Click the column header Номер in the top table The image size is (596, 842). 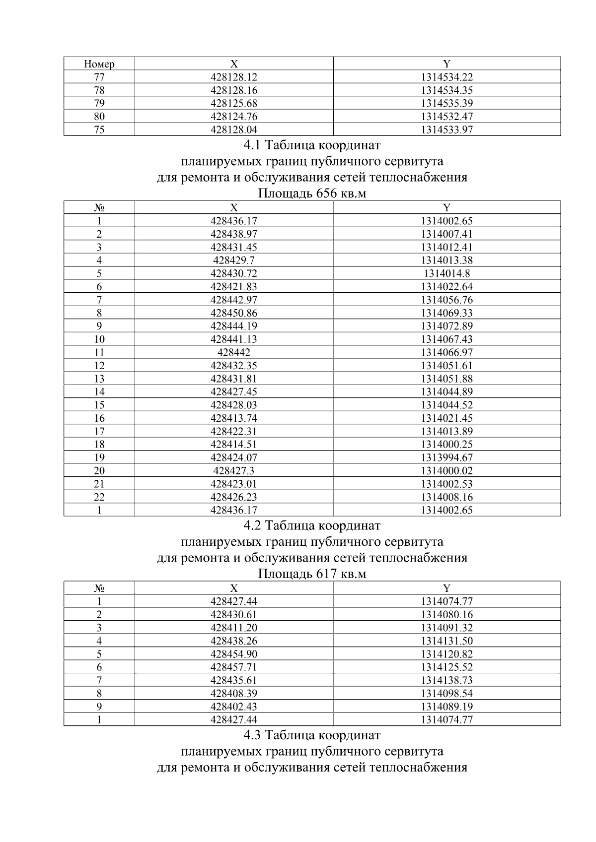(99, 64)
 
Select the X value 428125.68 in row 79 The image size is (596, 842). (234, 103)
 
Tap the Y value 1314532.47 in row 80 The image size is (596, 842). (447, 117)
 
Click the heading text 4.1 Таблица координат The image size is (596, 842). (312, 145)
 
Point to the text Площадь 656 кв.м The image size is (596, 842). (312, 193)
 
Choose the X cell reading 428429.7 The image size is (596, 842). (234, 260)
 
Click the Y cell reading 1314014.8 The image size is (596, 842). (447, 273)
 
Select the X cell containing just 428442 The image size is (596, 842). (234, 352)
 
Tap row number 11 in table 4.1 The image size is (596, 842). (99, 352)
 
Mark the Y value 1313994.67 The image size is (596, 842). (447, 457)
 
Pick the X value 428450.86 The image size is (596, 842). (234, 313)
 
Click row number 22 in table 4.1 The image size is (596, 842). (99, 497)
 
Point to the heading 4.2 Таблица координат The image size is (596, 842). (312, 525)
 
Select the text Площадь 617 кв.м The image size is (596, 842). (312, 574)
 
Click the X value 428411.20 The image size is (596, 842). (234, 628)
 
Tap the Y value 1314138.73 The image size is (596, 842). (447, 680)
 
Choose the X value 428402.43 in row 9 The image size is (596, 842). (234, 707)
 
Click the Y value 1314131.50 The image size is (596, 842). (447, 641)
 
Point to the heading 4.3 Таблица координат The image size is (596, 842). (312, 735)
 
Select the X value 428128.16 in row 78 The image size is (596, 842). (234, 90)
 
